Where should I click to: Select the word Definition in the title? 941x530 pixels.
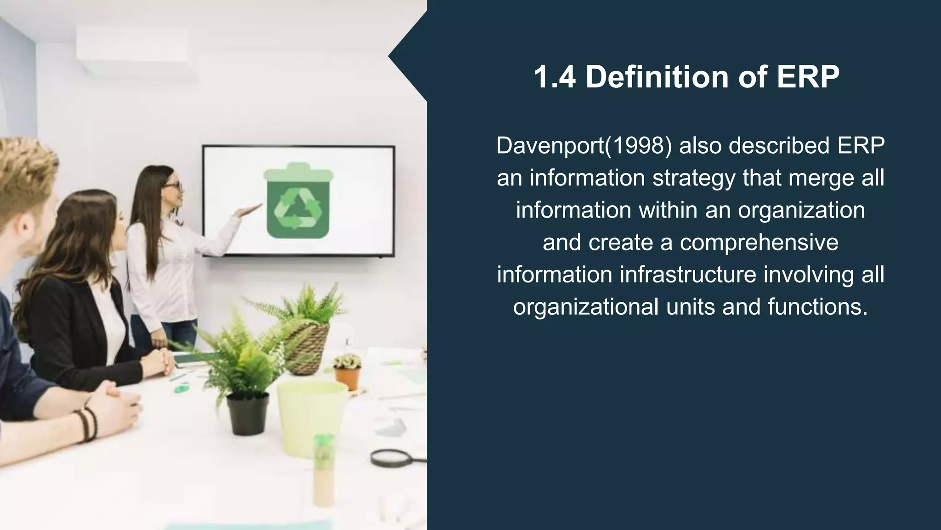(657, 77)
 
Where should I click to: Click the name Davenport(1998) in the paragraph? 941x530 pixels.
(584, 146)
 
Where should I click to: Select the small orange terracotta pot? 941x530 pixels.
(348, 377)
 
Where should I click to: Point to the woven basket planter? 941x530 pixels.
(309, 347)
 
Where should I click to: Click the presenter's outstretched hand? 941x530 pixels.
(248, 211)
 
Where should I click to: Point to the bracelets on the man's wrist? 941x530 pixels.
(87, 423)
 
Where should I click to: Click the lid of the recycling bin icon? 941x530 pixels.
(298, 173)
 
